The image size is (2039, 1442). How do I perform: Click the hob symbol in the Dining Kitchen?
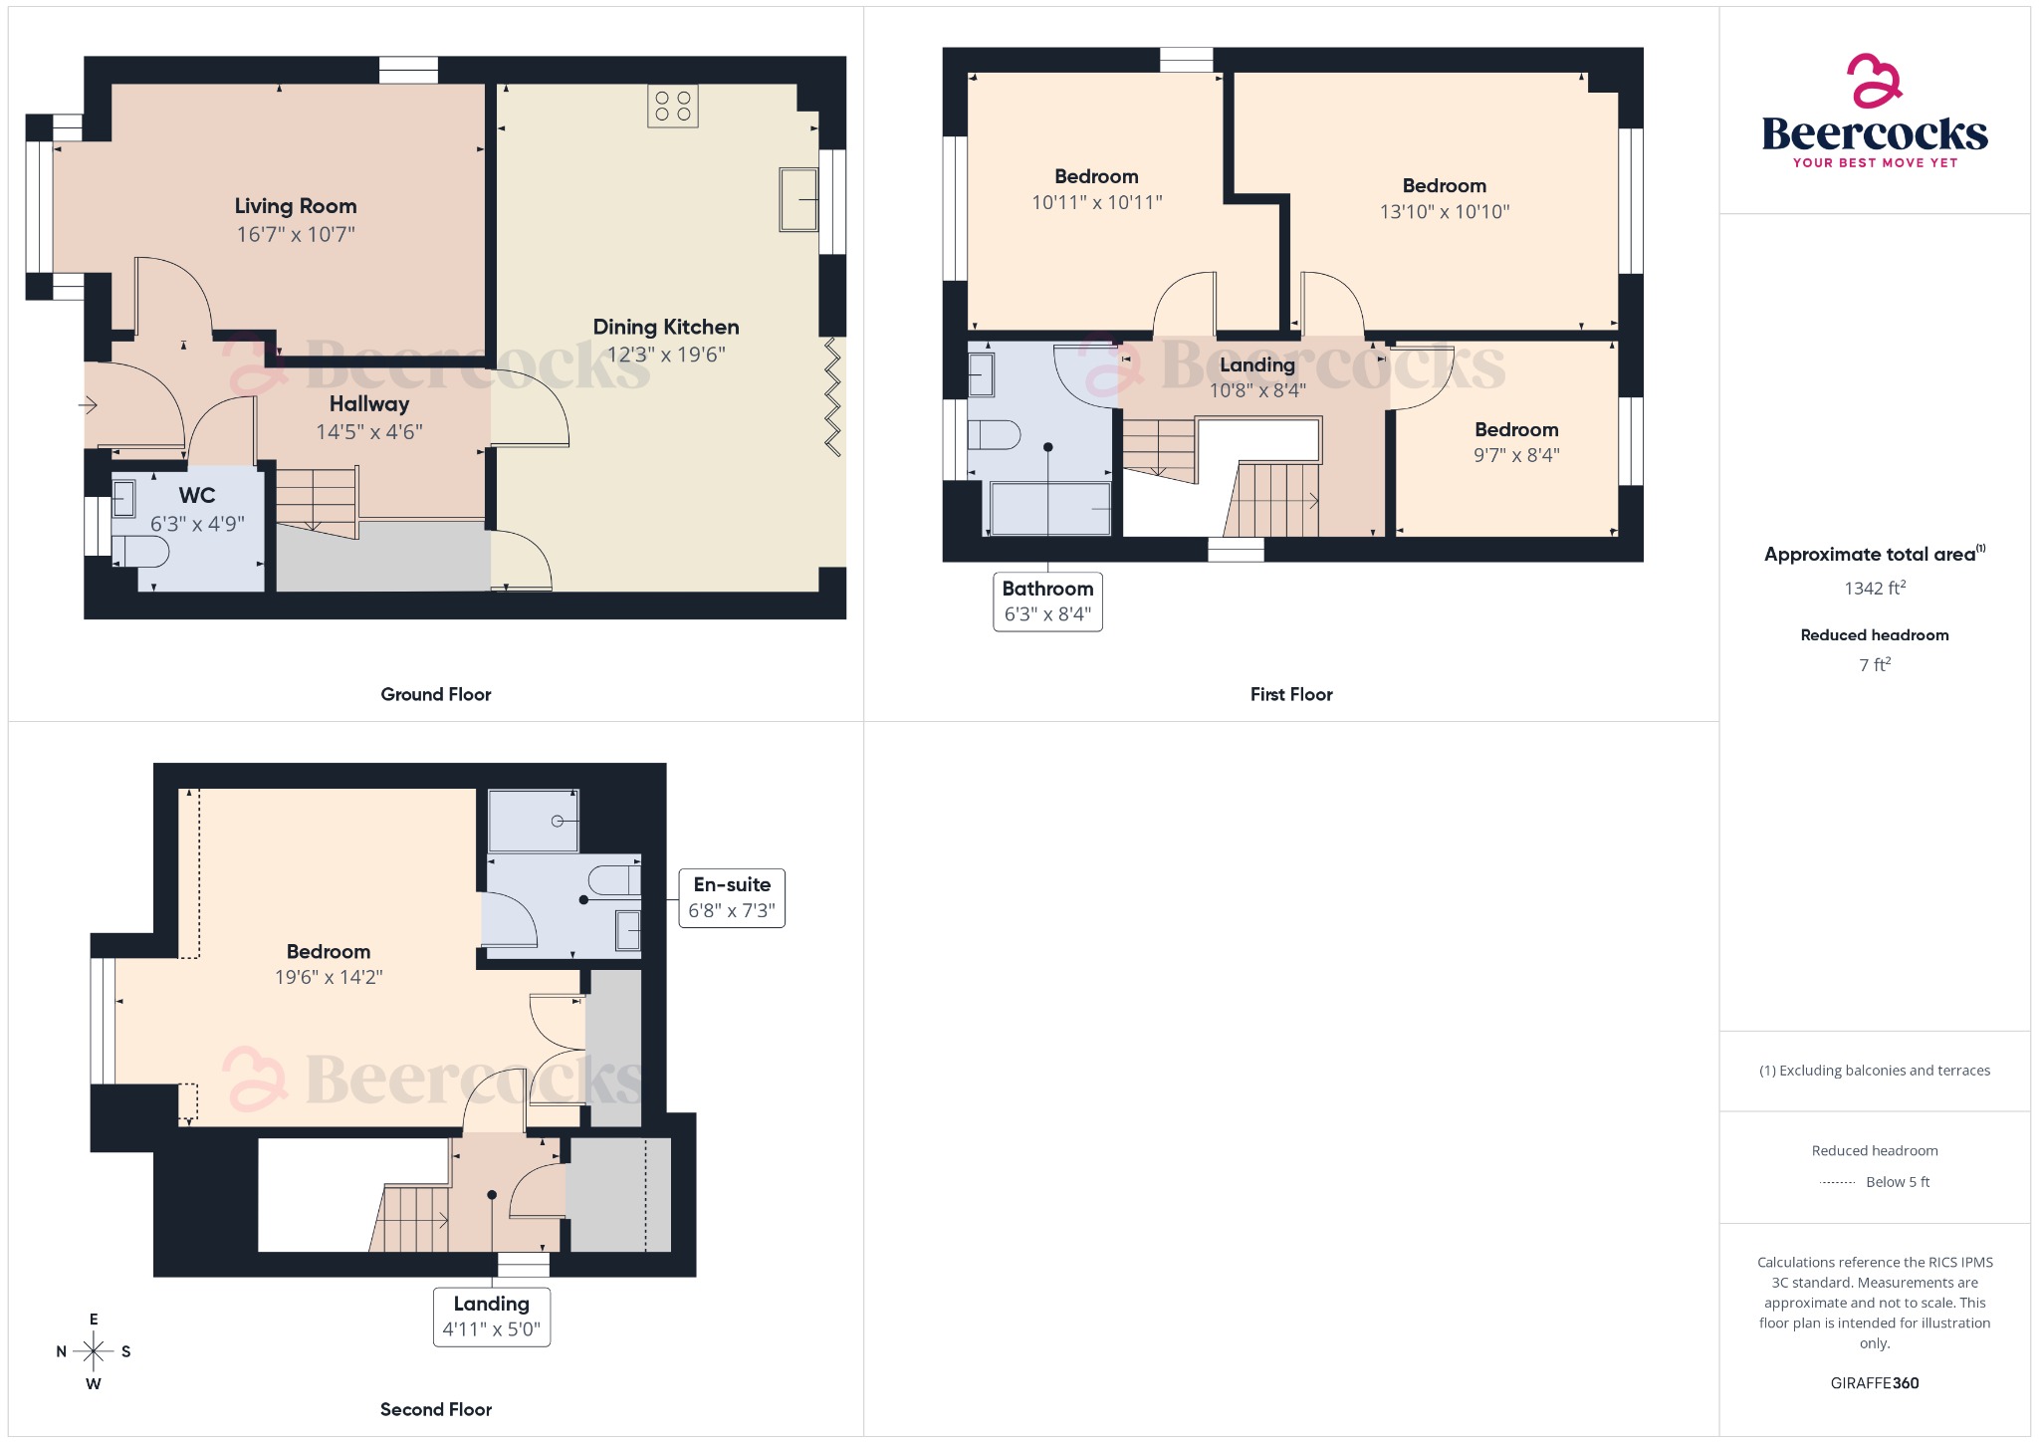pyautogui.click(x=672, y=107)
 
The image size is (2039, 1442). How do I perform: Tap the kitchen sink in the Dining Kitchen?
pyautogui.click(x=798, y=200)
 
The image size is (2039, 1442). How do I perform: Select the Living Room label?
pyautogui.click(x=296, y=206)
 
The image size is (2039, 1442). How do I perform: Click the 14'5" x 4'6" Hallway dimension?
pyautogui.click(x=369, y=432)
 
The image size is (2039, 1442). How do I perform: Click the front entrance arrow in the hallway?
pyautogui.click(x=88, y=405)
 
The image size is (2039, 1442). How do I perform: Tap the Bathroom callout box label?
pyautogui.click(x=1047, y=589)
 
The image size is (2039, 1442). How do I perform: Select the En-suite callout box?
pyautogui.click(x=732, y=897)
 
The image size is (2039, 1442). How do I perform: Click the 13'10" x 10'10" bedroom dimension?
pyautogui.click(x=1444, y=212)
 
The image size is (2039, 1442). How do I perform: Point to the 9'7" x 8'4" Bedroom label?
pyautogui.click(x=1515, y=429)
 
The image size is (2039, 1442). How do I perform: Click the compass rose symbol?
pyautogui.click(x=94, y=1351)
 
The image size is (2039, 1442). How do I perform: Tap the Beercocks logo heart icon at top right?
pyautogui.click(x=1874, y=81)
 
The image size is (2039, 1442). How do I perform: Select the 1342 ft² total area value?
pyautogui.click(x=1874, y=589)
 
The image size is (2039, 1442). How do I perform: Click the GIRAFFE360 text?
pyautogui.click(x=1874, y=1382)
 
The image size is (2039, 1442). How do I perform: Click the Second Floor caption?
pyautogui.click(x=436, y=1409)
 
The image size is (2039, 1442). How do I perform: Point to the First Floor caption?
pyautogui.click(x=1290, y=694)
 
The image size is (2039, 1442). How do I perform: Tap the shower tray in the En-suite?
pyautogui.click(x=534, y=821)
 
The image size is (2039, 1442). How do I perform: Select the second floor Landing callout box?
pyautogui.click(x=492, y=1317)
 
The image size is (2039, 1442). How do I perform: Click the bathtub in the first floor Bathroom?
pyautogui.click(x=1050, y=509)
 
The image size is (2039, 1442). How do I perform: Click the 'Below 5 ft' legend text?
pyautogui.click(x=1897, y=1182)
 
